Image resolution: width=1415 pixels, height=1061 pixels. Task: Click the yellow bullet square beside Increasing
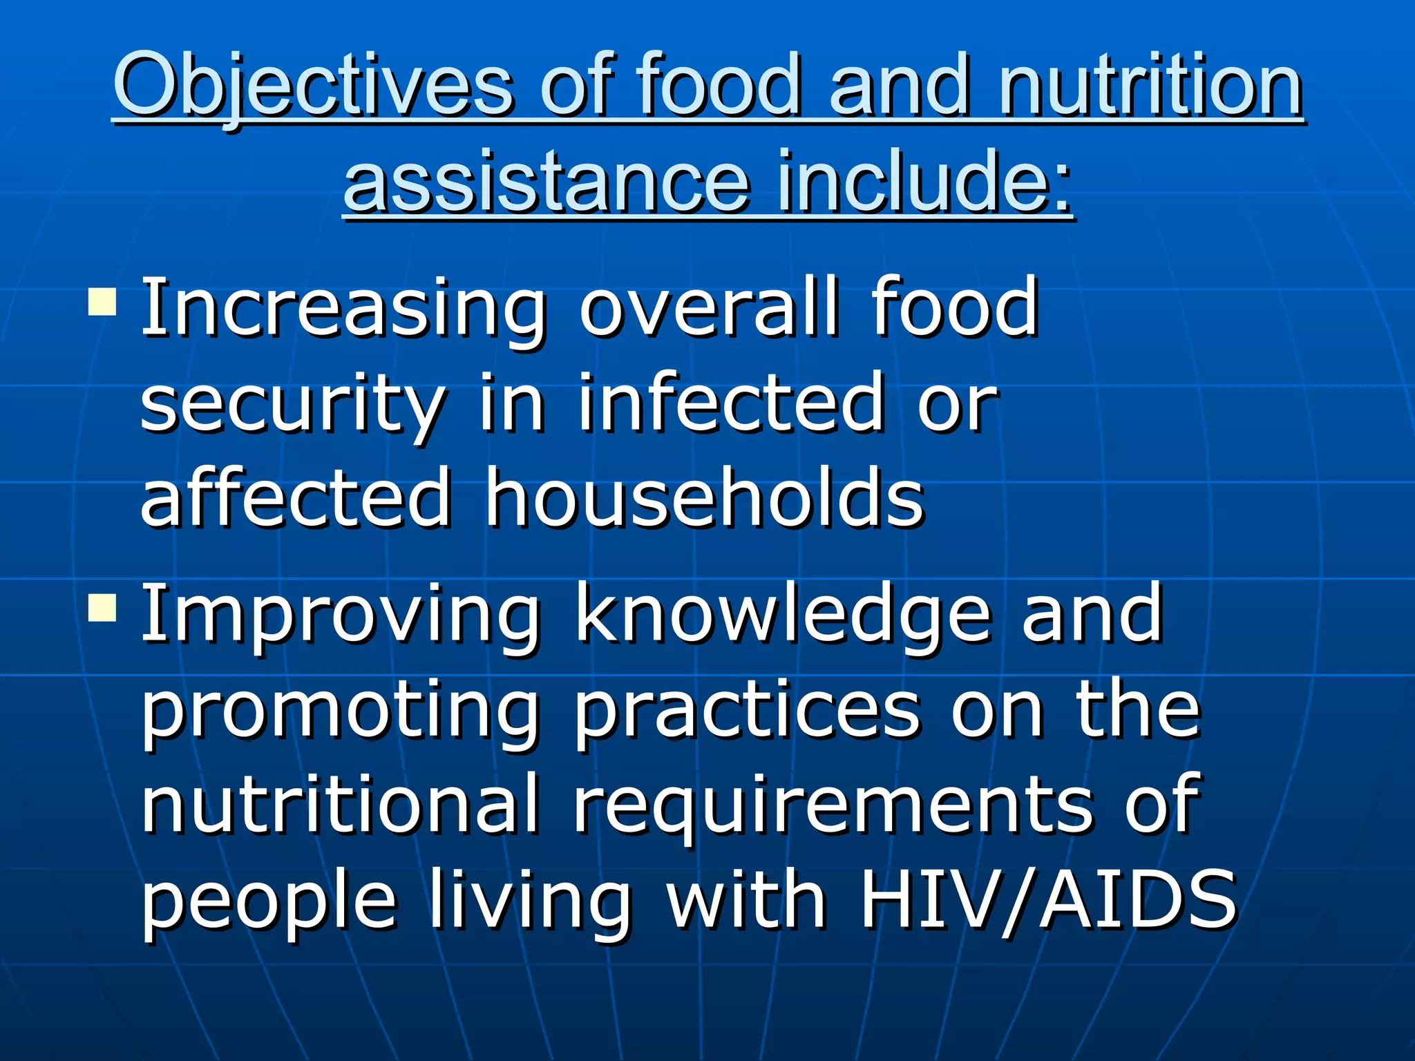point(102,301)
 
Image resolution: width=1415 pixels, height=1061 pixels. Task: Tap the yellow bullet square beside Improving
point(102,607)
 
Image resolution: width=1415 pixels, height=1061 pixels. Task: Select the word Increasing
point(343,307)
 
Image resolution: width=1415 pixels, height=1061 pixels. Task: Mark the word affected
point(296,497)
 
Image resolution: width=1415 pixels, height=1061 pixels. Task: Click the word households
point(703,497)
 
